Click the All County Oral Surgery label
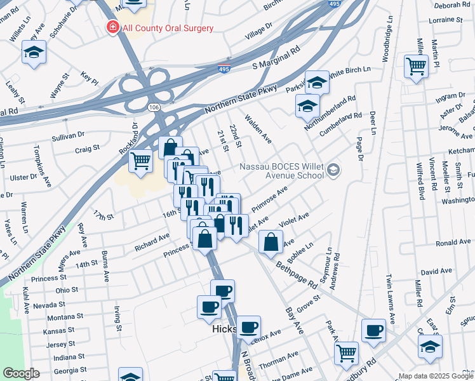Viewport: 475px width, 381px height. (168, 28)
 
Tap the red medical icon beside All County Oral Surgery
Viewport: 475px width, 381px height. (112, 28)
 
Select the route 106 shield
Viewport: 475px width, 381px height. (154, 109)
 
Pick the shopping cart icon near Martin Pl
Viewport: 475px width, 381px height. (416, 65)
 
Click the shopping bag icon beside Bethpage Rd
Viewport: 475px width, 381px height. (271, 242)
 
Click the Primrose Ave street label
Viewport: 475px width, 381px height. (269, 199)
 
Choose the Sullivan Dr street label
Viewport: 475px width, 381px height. (69, 135)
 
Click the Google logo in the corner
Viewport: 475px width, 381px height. (21, 373)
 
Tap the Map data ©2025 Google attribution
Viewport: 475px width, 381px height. (435, 376)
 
